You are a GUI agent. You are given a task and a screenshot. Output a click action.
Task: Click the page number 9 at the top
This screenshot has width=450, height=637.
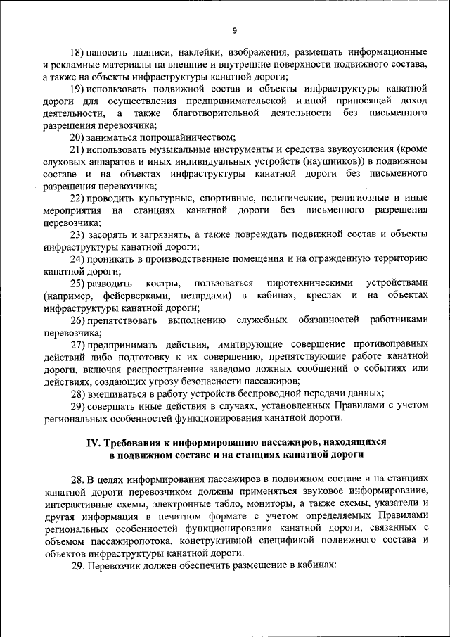point(235,30)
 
